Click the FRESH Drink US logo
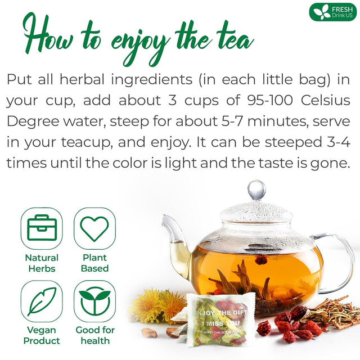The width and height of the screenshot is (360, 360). coord(332,12)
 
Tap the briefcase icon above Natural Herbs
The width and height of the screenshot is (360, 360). coord(42,228)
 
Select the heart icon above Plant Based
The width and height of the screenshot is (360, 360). coord(94,228)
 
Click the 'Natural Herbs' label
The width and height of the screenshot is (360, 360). coord(42,263)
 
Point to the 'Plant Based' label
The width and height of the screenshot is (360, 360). coord(94,263)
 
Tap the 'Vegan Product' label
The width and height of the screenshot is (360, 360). coord(42,336)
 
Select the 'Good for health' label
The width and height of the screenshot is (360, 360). coord(94,336)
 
